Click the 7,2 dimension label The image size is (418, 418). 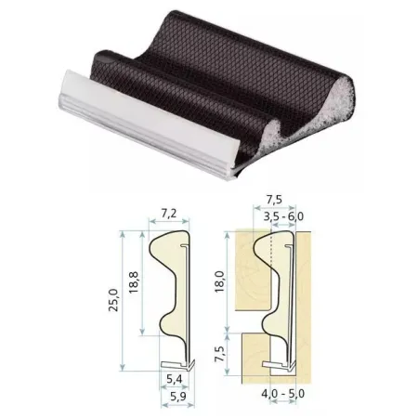click(169, 213)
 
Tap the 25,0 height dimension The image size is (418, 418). click(113, 300)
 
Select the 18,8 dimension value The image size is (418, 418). click(134, 282)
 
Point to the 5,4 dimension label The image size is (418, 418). click(175, 379)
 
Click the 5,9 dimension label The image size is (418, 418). click(178, 396)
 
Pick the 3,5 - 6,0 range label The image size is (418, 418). click(283, 216)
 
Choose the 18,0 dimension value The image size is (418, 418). click(219, 281)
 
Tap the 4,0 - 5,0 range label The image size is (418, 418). click(283, 394)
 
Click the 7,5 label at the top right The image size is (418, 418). click(274, 200)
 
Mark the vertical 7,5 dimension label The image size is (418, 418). click(219, 353)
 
